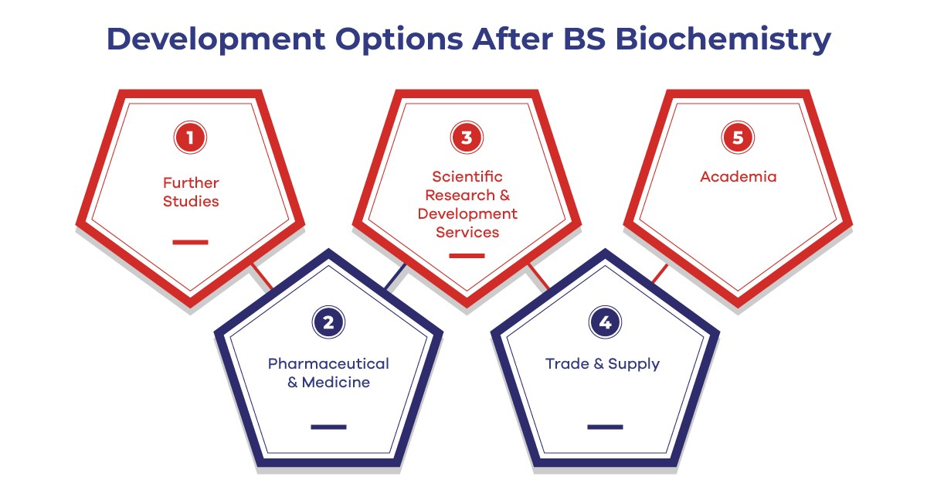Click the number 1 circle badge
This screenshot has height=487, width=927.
[190, 138]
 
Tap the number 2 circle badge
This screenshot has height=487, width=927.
[328, 322]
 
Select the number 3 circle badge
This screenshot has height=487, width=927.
[467, 138]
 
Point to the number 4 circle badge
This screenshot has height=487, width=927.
[605, 322]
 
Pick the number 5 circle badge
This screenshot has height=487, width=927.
[738, 138]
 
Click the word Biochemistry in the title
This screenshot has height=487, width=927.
[723, 40]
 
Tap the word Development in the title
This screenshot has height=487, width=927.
[216, 40]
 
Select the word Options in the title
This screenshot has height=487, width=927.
[399, 40]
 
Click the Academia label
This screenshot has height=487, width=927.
[739, 177]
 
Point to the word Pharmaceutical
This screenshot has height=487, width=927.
[328, 363]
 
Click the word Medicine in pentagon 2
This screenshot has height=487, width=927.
[335, 382]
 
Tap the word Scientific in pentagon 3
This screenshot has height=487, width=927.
[467, 177]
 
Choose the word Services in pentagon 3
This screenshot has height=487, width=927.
[467, 233]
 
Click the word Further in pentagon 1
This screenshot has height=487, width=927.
[191, 182]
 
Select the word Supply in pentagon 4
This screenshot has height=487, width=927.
[633, 364]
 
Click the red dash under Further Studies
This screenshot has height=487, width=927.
[190, 242]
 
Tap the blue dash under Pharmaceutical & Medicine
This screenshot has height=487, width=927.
[328, 427]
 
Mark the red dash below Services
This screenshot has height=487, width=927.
[467, 256]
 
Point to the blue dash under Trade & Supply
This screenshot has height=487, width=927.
[605, 427]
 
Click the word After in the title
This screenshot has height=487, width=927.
[512, 39]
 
